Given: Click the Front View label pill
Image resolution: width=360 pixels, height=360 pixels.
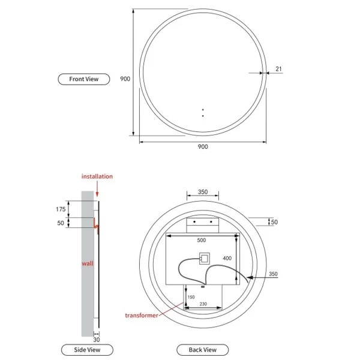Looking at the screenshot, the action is point(84,79).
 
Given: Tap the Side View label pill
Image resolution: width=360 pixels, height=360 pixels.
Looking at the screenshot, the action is point(87,350).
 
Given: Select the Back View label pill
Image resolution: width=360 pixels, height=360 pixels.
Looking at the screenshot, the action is point(203,350).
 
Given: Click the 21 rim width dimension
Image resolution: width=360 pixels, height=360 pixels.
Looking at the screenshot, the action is point(278,69).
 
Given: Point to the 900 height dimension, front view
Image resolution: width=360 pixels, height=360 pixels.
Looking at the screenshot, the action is point(125,79).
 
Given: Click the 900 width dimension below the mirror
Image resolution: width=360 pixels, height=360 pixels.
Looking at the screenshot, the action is point(203,146).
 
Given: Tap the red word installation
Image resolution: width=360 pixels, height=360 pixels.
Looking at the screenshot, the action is point(97,176).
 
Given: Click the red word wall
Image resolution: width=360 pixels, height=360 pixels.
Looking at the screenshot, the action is point(88,263).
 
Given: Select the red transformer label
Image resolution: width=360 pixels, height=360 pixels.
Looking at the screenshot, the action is point(142,316).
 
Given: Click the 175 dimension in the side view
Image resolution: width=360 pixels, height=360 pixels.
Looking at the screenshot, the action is point(61,209).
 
